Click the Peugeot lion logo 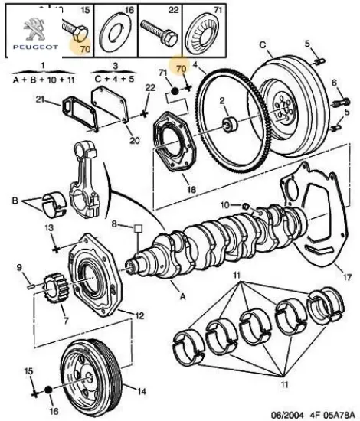34,29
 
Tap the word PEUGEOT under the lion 35,47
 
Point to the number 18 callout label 191,190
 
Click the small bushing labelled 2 230,124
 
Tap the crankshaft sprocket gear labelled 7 57,289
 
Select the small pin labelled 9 31,286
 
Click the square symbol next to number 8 138,229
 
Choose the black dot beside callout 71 175,91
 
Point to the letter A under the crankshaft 183,296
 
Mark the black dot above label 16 48,390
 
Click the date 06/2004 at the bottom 287,414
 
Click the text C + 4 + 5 114,79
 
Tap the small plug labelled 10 246,206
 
